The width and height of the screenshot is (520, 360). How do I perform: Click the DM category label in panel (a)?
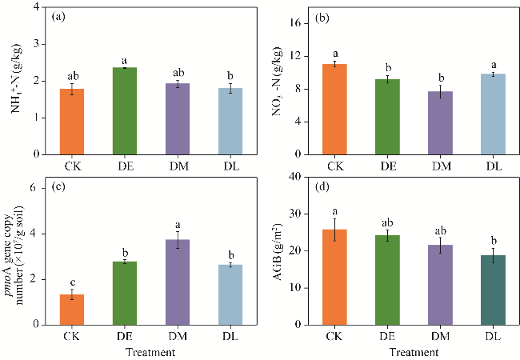[176, 165]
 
